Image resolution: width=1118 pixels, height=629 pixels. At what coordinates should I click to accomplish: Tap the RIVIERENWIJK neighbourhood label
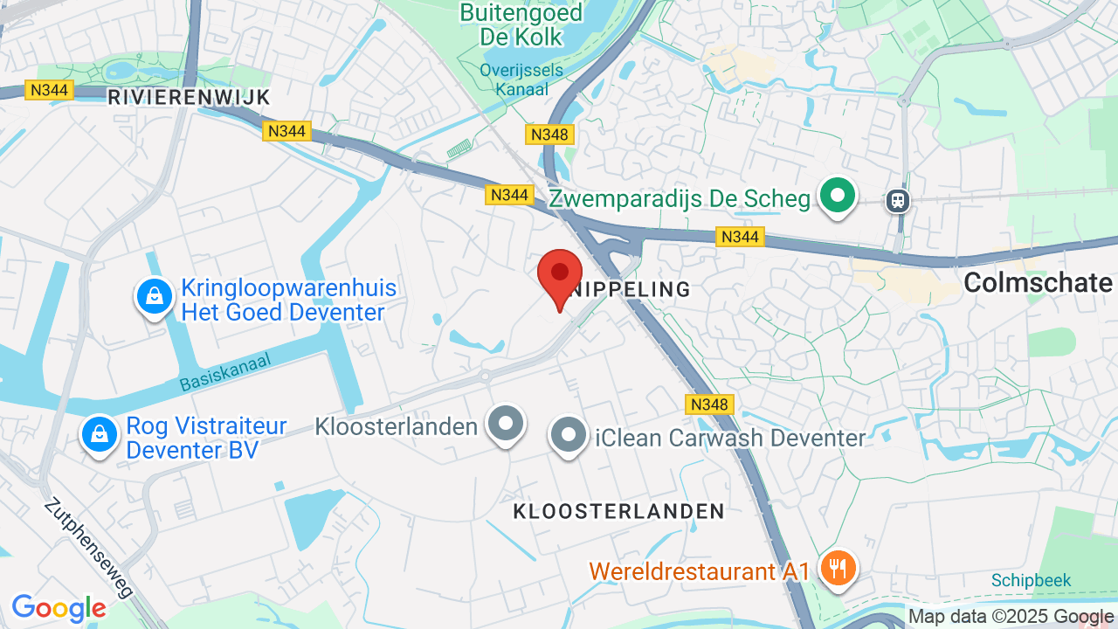pyautogui.click(x=189, y=97)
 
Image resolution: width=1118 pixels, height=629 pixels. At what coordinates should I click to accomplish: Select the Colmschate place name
pyautogui.click(x=1038, y=282)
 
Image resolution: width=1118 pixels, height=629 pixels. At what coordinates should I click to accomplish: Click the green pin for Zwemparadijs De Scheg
pyautogui.click(x=838, y=196)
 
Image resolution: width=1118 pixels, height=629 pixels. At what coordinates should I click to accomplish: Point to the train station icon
pyautogui.click(x=897, y=201)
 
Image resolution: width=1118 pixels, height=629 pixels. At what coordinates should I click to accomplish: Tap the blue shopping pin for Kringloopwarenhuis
pyautogui.click(x=155, y=297)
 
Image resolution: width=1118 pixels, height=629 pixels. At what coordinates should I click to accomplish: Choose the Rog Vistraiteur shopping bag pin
pyautogui.click(x=100, y=433)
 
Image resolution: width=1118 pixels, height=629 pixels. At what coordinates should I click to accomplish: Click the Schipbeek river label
pyautogui.click(x=1031, y=581)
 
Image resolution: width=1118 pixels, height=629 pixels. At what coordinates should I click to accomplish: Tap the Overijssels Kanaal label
pyautogui.click(x=514, y=79)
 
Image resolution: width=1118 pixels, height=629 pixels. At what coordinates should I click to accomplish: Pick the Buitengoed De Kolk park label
pyautogui.click(x=521, y=24)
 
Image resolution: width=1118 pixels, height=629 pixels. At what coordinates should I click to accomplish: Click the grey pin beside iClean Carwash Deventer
pyautogui.click(x=569, y=433)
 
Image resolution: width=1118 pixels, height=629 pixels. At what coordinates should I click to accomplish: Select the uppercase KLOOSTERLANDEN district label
pyautogui.click(x=618, y=511)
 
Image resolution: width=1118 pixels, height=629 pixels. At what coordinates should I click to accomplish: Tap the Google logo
pyautogui.click(x=59, y=608)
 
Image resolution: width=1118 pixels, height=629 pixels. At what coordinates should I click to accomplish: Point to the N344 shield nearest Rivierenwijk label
pyautogui.click(x=50, y=90)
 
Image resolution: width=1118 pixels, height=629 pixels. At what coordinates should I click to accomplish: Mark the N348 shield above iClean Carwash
pyautogui.click(x=708, y=404)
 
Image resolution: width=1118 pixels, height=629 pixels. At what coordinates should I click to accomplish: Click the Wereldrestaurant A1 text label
pyautogui.click(x=700, y=571)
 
